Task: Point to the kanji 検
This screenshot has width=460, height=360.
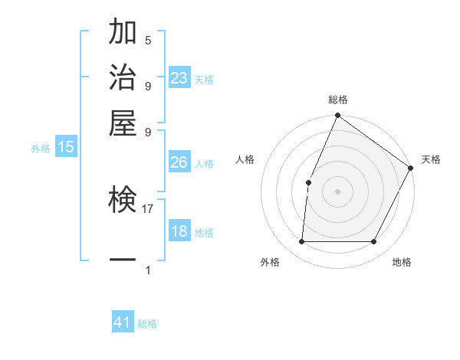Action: pos(123,201)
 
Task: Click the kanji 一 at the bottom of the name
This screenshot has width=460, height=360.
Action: pos(123,260)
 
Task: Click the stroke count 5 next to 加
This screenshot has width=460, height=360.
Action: pos(148,41)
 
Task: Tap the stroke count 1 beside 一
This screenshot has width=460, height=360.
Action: pos(148,270)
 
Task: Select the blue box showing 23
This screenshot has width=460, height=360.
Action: pos(179,78)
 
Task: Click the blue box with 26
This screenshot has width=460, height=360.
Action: pos(179,162)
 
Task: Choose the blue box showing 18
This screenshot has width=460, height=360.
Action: pos(179,232)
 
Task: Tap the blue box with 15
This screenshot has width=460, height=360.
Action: pos(66,148)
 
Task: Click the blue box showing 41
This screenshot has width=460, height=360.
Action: pos(123,322)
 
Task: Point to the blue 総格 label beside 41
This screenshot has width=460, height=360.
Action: pos(147,324)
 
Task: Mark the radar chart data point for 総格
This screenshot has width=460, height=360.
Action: pos(337,116)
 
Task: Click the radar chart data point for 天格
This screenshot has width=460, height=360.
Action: pos(410,168)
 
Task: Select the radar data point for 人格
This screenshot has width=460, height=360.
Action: pos(308,182)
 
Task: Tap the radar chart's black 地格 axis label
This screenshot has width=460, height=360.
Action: pos(402,262)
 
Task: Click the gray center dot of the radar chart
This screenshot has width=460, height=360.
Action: pos(337,191)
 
